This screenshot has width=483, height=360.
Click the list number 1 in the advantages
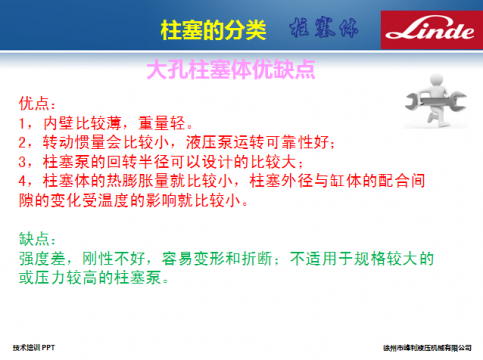coord(24,124)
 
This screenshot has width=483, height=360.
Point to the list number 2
coord(24,143)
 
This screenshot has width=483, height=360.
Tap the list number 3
coord(24,161)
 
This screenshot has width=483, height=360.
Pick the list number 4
coord(24,180)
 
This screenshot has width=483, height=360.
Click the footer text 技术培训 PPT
coord(40,345)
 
